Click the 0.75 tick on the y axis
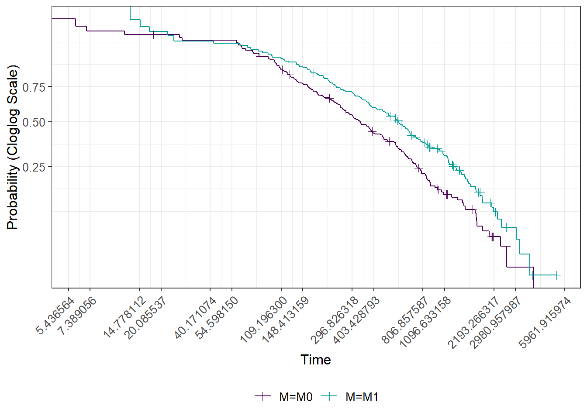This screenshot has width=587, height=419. click(34, 87)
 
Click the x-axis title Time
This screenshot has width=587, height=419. click(316, 360)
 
